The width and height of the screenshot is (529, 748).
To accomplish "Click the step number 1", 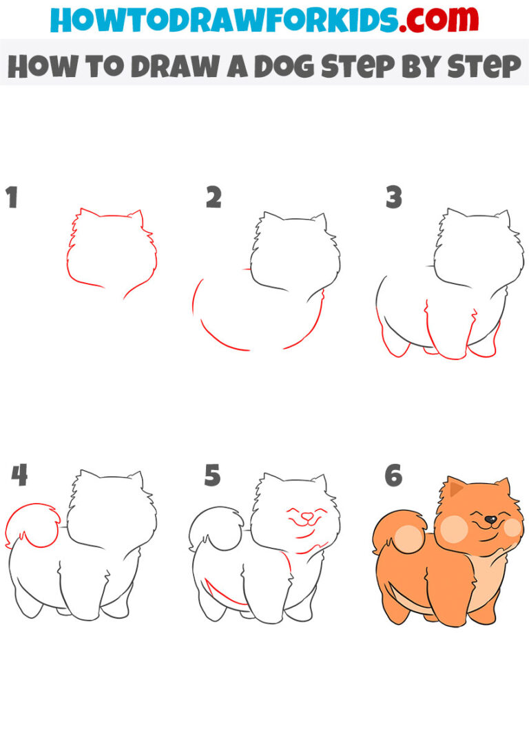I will [12, 198].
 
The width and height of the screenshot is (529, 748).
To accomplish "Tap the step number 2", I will [214, 198].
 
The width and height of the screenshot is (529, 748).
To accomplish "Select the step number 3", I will [393, 198].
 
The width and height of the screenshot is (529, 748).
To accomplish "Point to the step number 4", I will [19, 475].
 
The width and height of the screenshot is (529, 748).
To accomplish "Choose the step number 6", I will [393, 475].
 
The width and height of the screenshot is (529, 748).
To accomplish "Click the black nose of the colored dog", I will [490, 520].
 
